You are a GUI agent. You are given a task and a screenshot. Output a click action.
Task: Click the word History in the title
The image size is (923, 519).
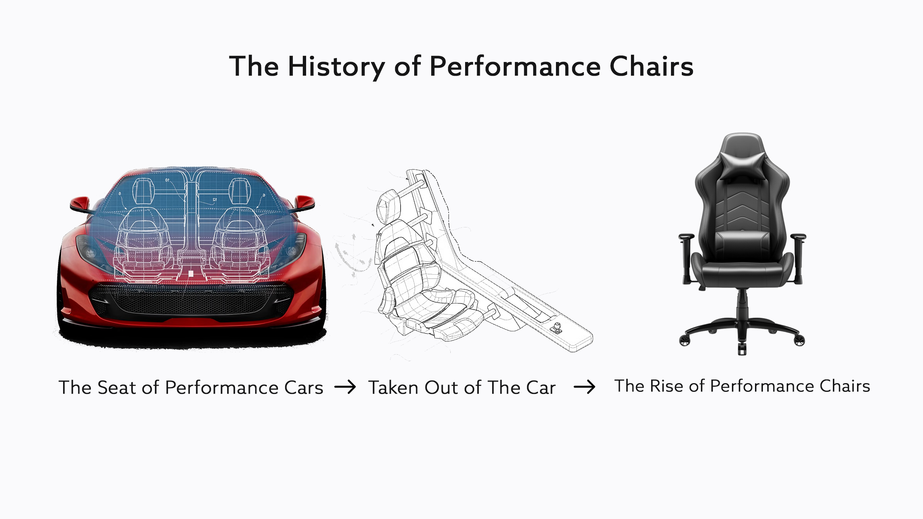tap(336, 67)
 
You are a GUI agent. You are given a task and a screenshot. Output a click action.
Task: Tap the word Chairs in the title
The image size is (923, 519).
tap(652, 66)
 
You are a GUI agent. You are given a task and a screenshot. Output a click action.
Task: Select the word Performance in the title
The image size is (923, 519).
tap(515, 66)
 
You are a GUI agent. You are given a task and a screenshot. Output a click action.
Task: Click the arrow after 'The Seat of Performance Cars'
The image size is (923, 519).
tap(345, 387)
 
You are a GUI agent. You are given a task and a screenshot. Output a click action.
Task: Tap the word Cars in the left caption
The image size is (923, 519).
tap(304, 388)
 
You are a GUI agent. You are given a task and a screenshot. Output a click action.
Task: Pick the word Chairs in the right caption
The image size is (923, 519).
tap(845, 386)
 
